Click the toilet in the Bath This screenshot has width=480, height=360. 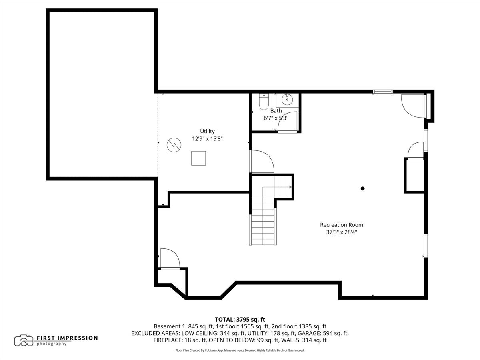click(x=264, y=102)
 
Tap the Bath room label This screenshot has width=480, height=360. click(x=276, y=111)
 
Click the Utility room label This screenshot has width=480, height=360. click(x=207, y=131)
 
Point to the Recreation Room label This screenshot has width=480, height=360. click(x=342, y=225)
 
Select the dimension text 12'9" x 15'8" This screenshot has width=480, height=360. click(x=207, y=139)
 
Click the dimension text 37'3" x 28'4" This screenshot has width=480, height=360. click(x=342, y=232)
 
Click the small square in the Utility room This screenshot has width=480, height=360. click(x=198, y=158)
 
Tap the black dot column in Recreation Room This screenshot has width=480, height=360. click(x=363, y=188)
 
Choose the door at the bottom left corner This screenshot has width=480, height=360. click(x=169, y=258)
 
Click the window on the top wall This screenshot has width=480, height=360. click(x=382, y=92)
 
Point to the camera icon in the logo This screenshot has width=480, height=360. click(x=24, y=340)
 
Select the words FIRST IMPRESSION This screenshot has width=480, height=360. click(x=67, y=338)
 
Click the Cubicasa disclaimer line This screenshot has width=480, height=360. click(x=240, y=350)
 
